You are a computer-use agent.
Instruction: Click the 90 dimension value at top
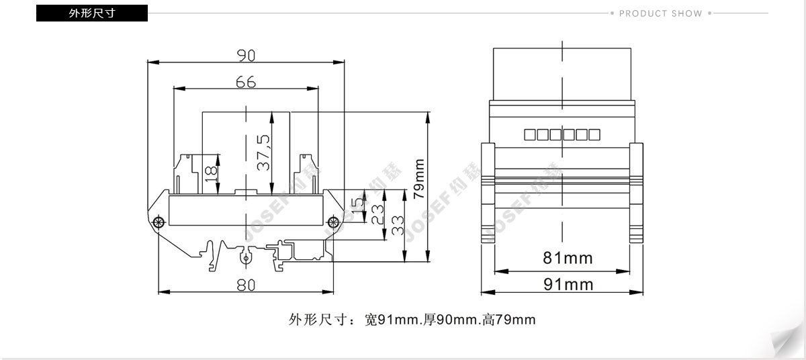point(246,55)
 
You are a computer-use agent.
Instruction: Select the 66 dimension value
point(246,82)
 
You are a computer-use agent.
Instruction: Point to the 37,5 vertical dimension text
point(263,152)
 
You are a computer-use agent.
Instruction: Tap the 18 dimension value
point(211,174)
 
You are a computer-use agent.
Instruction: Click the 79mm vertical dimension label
point(419,179)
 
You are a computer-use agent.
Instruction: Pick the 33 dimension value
point(397,225)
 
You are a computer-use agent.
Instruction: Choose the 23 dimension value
point(377,215)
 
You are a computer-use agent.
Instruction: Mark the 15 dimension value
point(357,206)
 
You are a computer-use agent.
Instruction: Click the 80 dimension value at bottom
point(246,285)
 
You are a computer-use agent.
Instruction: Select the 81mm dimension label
point(568,258)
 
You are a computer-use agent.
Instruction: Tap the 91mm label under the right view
point(568,285)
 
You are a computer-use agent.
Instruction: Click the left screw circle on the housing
point(159,222)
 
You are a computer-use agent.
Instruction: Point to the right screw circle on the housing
point(334,222)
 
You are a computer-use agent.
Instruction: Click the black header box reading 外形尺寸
point(92,13)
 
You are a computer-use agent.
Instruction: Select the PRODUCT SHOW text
point(661,13)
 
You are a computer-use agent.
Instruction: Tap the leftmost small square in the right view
point(530,134)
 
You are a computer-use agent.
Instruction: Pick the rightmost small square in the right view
point(594,134)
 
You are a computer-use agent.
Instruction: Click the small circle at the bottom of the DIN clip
point(246,258)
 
